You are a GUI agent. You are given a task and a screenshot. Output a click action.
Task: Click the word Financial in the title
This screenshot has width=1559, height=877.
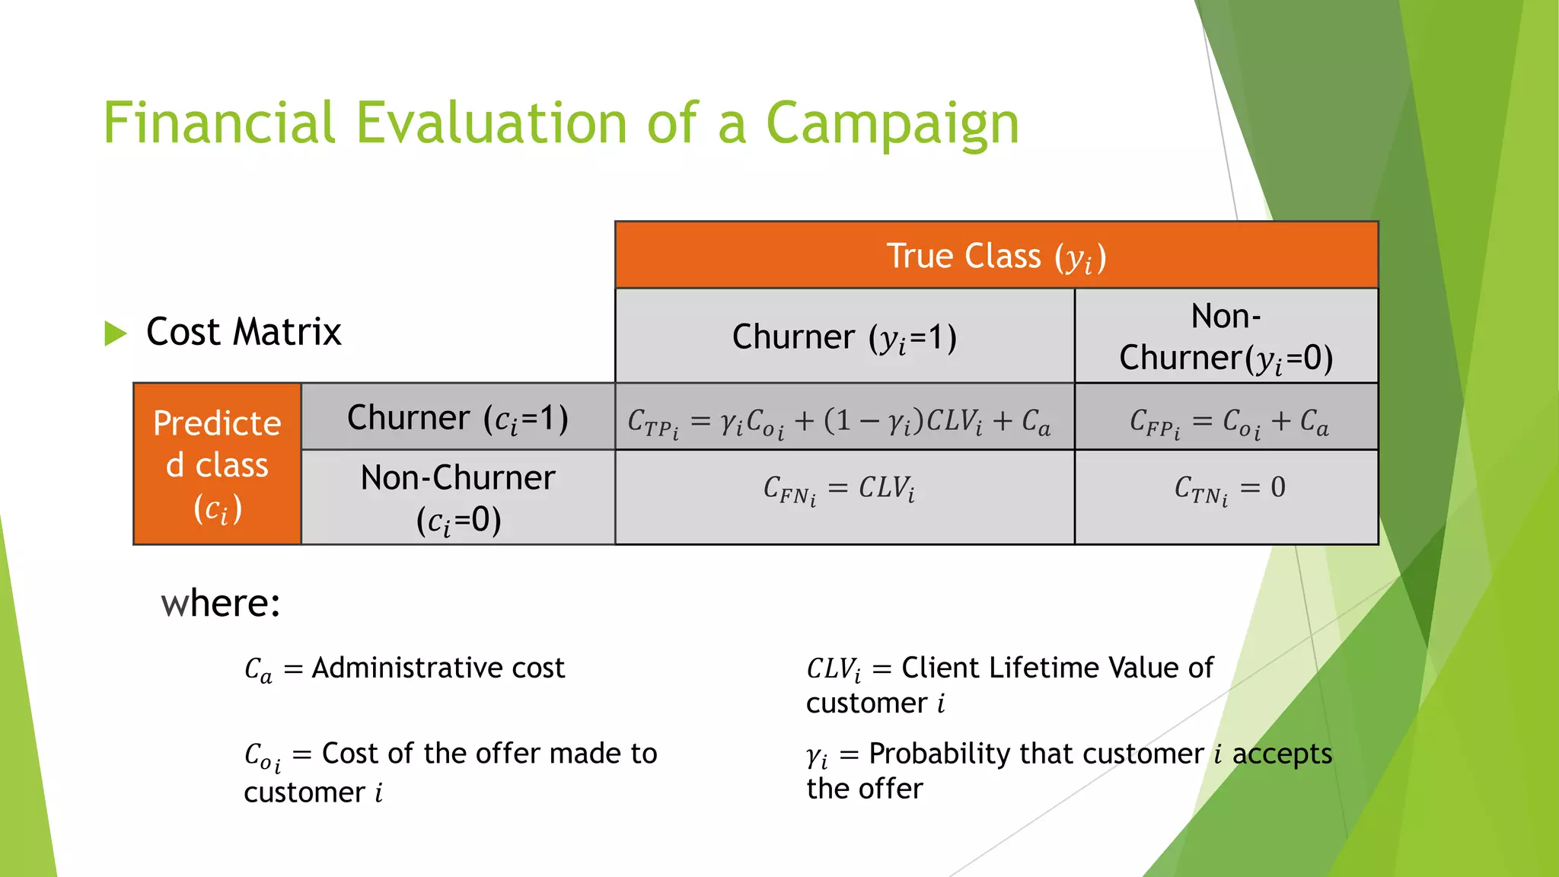tap(219, 123)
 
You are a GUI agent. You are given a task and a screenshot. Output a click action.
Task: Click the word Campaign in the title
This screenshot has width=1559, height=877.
tap(892, 124)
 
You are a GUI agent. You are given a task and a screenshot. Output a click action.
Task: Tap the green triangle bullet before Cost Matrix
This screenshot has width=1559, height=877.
tap(115, 333)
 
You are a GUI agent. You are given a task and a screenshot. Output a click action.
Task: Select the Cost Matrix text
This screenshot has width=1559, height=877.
tap(244, 332)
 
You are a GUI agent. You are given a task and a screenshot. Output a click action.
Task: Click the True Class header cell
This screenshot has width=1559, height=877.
tap(996, 256)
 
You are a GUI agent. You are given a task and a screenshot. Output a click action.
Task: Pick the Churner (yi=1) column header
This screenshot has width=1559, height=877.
tap(844, 336)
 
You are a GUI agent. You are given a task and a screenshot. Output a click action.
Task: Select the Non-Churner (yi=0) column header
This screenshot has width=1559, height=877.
tap(1226, 336)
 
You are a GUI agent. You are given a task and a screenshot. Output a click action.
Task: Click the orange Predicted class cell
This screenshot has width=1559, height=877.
tap(217, 464)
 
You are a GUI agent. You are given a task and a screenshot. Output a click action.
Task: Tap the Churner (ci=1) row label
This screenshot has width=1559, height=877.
tap(457, 418)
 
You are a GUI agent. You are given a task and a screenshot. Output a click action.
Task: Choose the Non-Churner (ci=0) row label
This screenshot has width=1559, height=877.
tap(457, 498)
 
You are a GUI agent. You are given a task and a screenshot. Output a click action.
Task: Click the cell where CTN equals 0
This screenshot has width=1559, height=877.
tap(1228, 489)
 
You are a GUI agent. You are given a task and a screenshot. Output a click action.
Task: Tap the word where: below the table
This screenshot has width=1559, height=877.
tap(221, 604)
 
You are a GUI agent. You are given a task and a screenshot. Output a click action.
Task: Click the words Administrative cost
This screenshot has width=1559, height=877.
tap(438, 668)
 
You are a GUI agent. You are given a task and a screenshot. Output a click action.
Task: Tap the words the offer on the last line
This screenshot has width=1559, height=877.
tap(865, 789)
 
